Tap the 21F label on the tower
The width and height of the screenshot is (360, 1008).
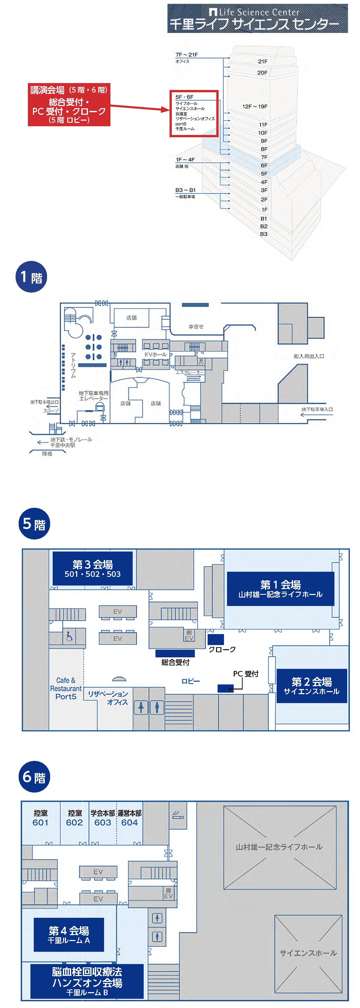[x=263, y=61]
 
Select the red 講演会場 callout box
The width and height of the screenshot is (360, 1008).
[x=69, y=105]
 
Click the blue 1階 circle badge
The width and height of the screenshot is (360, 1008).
[x=31, y=277]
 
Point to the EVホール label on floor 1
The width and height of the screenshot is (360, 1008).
[x=155, y=354]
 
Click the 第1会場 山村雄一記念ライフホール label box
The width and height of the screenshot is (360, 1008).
[x=280, y=589]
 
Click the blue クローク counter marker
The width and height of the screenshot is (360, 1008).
[x=215, y=639]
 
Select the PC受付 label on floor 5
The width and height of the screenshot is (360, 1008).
[x=245, y=673]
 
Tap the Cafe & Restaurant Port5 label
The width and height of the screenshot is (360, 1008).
[x=65, y=688]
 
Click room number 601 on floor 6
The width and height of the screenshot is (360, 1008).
[x=40, y=822]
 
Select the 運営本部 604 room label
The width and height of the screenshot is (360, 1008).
[x=130, y=818]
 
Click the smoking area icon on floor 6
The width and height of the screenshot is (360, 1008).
[x=178, y=815]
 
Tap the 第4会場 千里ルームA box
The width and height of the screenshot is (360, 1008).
[x=69, y=934]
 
